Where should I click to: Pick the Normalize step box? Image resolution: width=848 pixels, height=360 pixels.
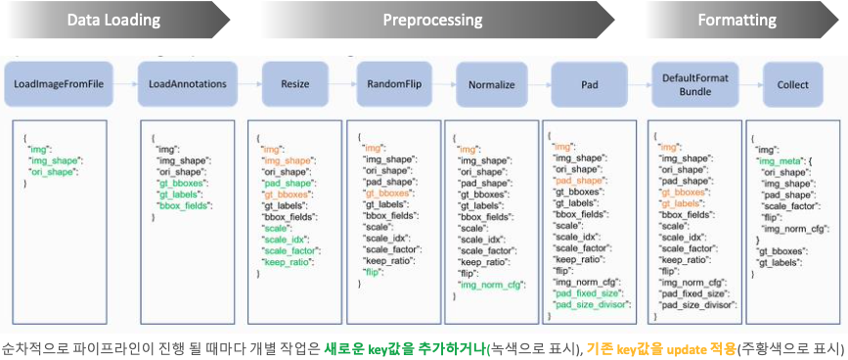491,85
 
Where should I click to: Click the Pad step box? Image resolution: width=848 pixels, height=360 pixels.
589,85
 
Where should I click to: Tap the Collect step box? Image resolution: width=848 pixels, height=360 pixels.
792,85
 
